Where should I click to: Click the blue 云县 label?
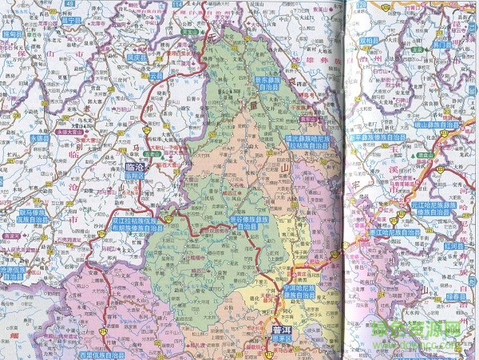(x=155, y=76)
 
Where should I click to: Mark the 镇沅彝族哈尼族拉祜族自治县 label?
(x=308, y=142)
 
